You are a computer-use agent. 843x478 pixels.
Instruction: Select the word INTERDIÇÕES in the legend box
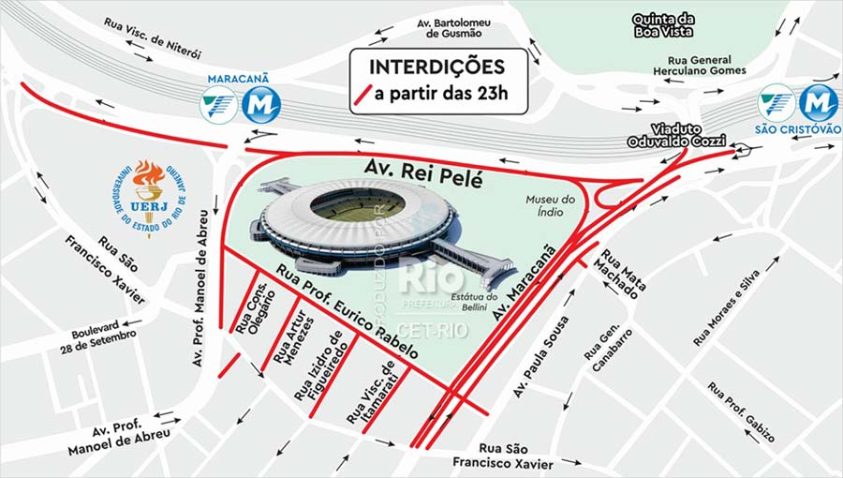coord(437,67)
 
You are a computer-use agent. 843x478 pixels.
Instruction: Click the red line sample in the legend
coord(365,94)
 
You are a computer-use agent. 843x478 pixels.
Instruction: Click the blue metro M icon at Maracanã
coord(261,104)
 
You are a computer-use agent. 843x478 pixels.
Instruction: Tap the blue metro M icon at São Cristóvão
coord(818,103)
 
